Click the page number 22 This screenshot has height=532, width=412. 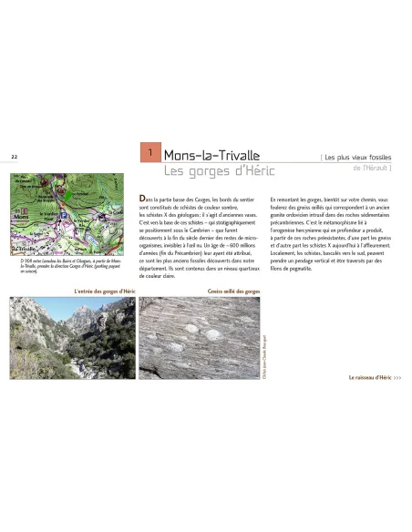pyautogui.click(x=14, y=157)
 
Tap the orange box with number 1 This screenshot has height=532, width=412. pyautogui.click(x=149, y=152)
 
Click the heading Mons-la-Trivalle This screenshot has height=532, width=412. pyautogui.click(x=211, y=154)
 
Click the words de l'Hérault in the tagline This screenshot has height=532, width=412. pyautogui.click(x=370, y=168)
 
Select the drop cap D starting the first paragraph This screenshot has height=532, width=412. pyautogui.click(x=142, y=198)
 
